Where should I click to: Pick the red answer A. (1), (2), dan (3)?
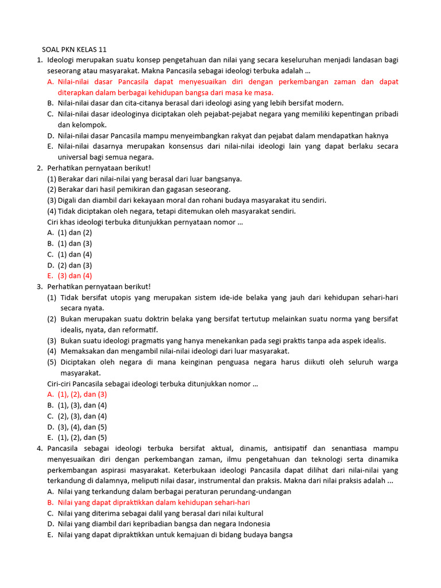[77, 394]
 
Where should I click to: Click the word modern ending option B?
[330, 103]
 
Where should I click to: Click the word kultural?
[246, 513]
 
